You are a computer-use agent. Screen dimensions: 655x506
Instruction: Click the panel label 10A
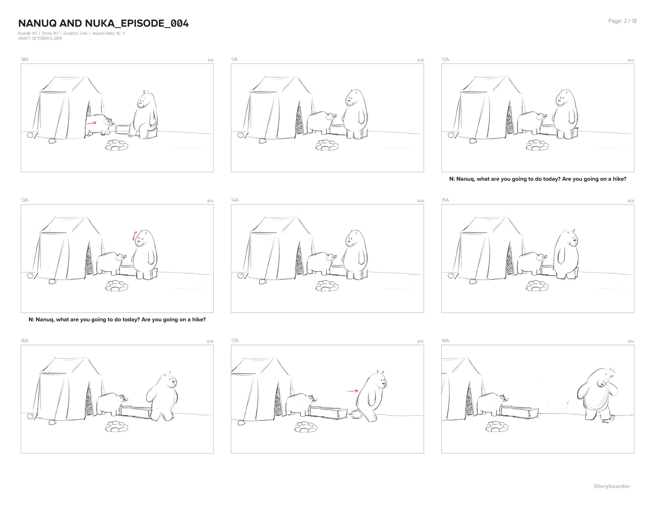click(25, 59)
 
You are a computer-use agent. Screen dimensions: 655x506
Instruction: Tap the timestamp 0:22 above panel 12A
click(631, 60)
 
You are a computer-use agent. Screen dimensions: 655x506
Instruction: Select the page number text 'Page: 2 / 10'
click(622, 21)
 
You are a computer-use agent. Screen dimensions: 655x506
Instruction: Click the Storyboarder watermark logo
click(612, 486)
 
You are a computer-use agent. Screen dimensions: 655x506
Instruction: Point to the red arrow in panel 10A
click(91, 123)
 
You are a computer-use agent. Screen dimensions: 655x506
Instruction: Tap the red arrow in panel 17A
click(353, 391)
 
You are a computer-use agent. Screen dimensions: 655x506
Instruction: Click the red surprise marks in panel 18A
click(612, 371)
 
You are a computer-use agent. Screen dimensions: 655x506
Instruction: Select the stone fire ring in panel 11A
click(327, 145)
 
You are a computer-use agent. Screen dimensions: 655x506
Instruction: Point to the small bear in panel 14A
click(321, 263)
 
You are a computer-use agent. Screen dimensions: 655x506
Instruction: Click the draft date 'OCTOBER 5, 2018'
click(47, 38)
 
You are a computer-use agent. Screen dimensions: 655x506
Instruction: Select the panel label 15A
click(445, 200)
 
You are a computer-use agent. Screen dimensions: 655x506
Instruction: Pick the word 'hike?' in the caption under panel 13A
click(199, 320)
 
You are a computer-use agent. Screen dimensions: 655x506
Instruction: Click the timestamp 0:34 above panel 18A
click(631, 342)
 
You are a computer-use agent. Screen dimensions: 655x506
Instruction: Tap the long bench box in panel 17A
click(328, 413)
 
